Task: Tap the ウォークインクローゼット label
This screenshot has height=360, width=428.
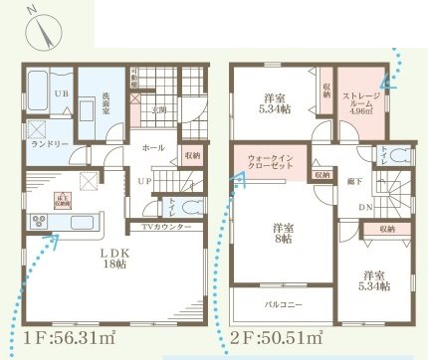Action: [x=270, y=163]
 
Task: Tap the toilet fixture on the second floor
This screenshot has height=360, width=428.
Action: [x=399, y=156]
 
